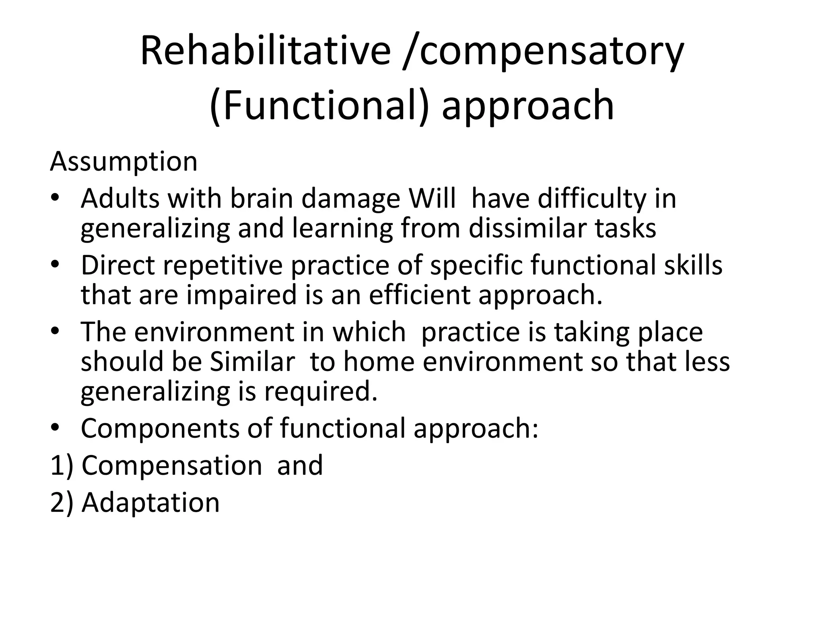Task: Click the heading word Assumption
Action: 124,162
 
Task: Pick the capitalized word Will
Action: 432,198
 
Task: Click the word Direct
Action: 118,265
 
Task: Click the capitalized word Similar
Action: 252,361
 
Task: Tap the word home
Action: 379,361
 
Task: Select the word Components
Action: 160,428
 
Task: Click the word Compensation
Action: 172,466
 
